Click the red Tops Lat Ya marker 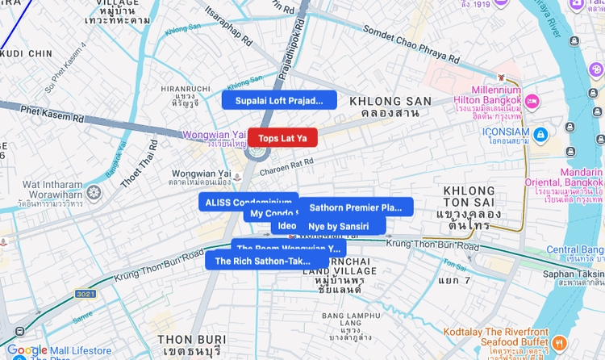(x=282, y=138)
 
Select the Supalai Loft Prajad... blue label (x=279, y=101)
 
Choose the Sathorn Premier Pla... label (x=356, y=207)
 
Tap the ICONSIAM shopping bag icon (x=540, y=133)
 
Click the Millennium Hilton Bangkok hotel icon (x=532, y=103)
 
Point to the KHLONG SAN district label (x=390, y=107)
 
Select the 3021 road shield (x=86, y=294)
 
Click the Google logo (x=27, y=350)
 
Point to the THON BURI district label (x=190, y=345)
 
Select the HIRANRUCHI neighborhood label (x=185, y=95)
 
